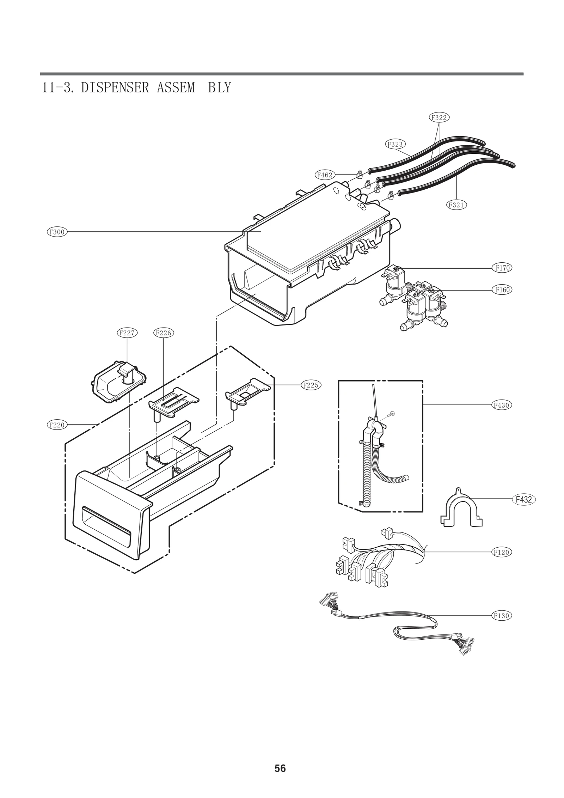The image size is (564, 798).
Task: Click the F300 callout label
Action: coord(57,232)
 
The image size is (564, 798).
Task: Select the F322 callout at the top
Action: coord(439,118)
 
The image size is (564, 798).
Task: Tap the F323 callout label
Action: coord(395,144)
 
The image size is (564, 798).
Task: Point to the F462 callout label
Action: coord(324,174)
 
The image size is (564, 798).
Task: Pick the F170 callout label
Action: coord(502,268)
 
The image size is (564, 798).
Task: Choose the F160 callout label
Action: coord(502,290)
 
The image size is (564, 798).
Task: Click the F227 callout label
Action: coord(127,333)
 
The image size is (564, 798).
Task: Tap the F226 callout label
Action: coord(164,333)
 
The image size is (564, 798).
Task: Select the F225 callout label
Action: coord(311,385)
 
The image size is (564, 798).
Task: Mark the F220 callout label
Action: coord(57,425)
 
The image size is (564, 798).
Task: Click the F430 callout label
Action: coord(502,405)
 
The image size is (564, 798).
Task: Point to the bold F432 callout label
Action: coord(523,500)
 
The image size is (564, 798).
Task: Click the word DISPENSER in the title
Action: coord(115,87)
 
